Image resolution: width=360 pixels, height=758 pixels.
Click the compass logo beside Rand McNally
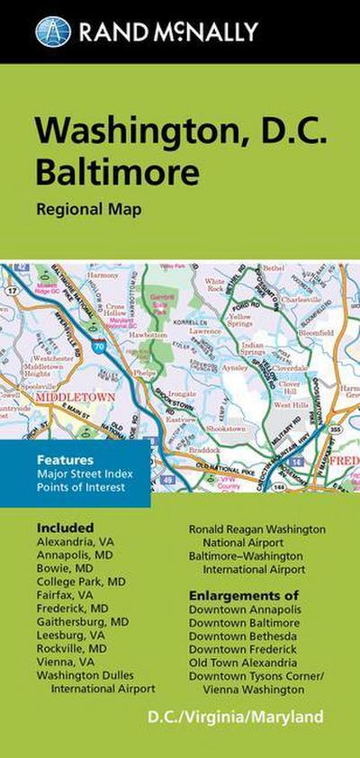click(53, 32)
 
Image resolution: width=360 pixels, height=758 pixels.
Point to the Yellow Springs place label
click(240, 321)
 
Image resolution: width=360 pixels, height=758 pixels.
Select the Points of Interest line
click(81, 488)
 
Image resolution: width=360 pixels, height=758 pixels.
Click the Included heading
click(65, 527)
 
